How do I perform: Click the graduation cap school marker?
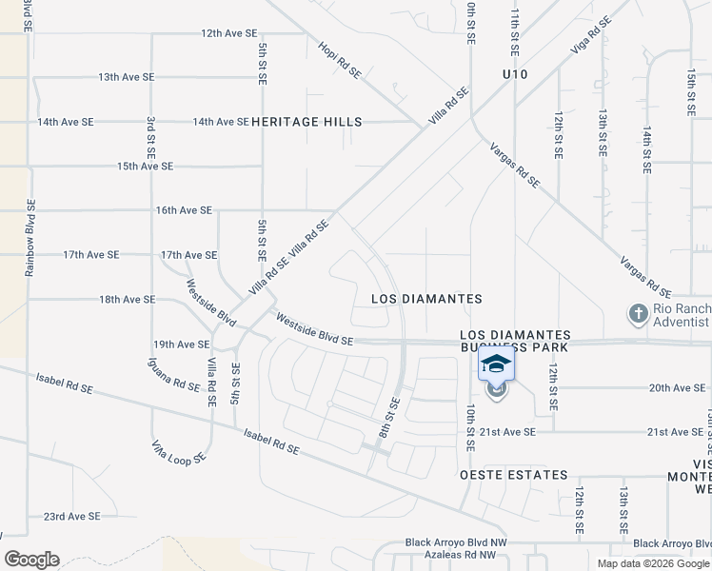(x=496, y=365)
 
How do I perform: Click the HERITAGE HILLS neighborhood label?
(x=307, y=122)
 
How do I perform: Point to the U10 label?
(x=514, y=74)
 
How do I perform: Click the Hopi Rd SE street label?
(x=341, y=60)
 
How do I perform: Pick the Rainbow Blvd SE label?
(x=30, y=238)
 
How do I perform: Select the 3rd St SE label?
(x=151, y=137)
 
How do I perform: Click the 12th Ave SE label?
(x=229, y=32)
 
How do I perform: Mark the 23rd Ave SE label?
(x=71, y=517)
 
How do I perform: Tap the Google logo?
(x=31, y=560)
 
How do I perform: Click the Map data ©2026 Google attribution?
(x=652, y=563)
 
